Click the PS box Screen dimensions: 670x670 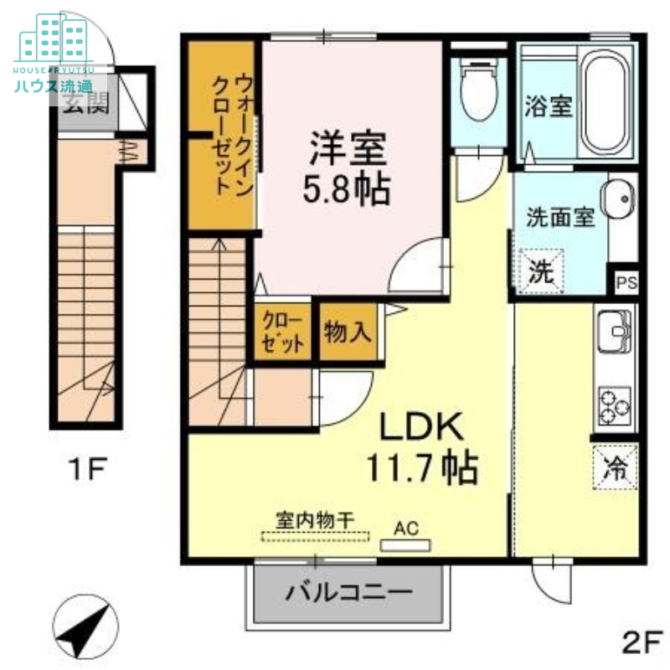[626, 282]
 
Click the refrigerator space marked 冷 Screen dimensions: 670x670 [616, 466]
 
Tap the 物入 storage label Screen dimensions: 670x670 [347, 332]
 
